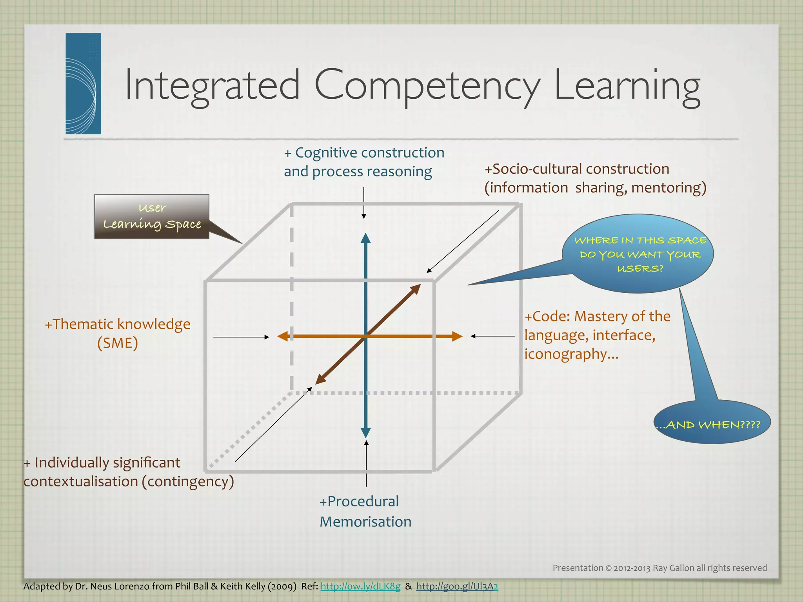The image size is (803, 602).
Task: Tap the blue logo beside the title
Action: (83, 83)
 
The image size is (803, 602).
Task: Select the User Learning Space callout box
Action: (152, 216)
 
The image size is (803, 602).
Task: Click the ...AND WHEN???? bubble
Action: (712, 425)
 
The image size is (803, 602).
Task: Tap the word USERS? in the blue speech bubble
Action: (640, 269)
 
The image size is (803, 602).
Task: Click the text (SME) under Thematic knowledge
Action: (118, 343)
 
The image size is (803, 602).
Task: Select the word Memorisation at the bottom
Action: (365, 522)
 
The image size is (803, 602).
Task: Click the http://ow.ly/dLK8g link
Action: (360, 586)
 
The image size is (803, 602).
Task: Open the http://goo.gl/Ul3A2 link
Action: (457, 586)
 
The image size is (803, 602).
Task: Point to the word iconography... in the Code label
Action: (571, 354)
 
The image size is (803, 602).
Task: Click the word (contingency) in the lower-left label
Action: (188, 481)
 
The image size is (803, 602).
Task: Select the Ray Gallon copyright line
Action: (659, 568)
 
